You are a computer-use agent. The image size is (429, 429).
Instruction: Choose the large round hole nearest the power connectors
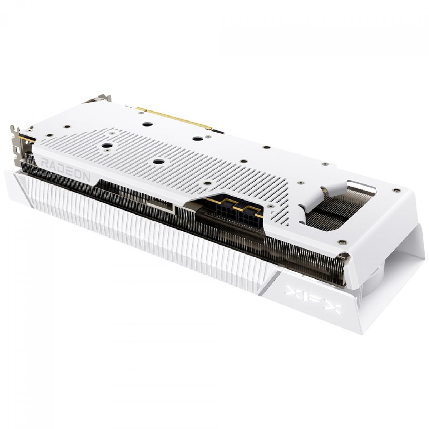tap(157, 161)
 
